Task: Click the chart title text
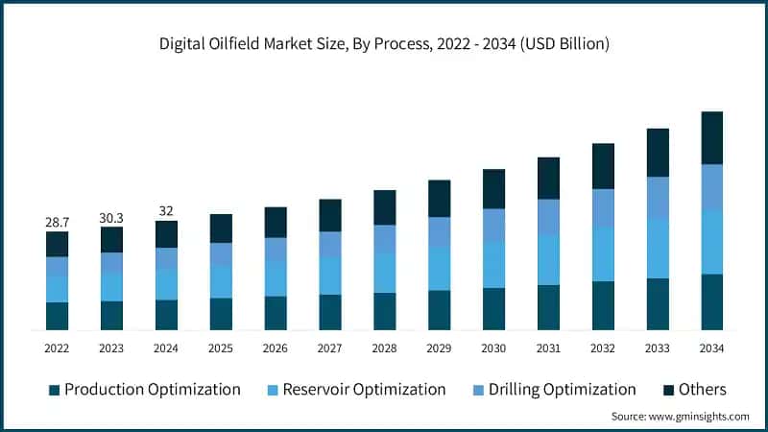[384, 44]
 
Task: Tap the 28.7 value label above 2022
[57, 222]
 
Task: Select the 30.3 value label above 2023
[111, 218]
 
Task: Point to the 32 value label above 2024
[166, 211]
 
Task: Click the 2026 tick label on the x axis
[276, 348]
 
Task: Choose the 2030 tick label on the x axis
[493, 348]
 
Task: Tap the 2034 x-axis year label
[711, 348]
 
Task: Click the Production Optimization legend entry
[144, 389]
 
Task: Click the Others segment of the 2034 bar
[711, 137]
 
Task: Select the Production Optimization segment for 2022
[57, 316]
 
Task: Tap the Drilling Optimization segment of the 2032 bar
[603, 208]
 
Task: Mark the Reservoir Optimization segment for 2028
[385, 273]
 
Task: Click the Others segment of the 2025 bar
[221, 228]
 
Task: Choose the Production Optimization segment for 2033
[658, 304]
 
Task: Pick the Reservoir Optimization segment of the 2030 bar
[493, 265]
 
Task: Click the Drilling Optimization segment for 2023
[111, 262]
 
